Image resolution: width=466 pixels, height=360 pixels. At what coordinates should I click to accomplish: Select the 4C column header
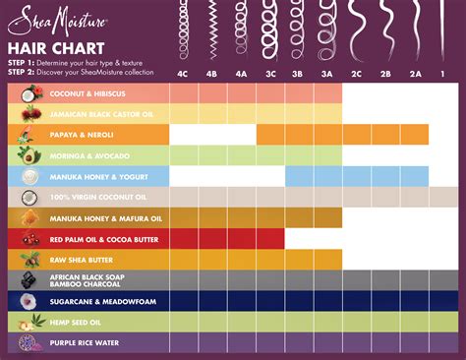(184, 74)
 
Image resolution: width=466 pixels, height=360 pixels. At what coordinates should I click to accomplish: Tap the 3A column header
(328, 74)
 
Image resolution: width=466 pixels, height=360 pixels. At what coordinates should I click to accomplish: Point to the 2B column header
(386, 74)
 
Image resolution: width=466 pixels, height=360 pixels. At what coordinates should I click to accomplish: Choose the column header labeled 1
(442, 74)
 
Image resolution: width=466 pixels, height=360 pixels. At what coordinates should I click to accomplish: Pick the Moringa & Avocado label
(87, 155)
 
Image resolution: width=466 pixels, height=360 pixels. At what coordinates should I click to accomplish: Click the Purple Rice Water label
(83, 342)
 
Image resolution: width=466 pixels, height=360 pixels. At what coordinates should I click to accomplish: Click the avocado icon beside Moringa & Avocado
(29, 155)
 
